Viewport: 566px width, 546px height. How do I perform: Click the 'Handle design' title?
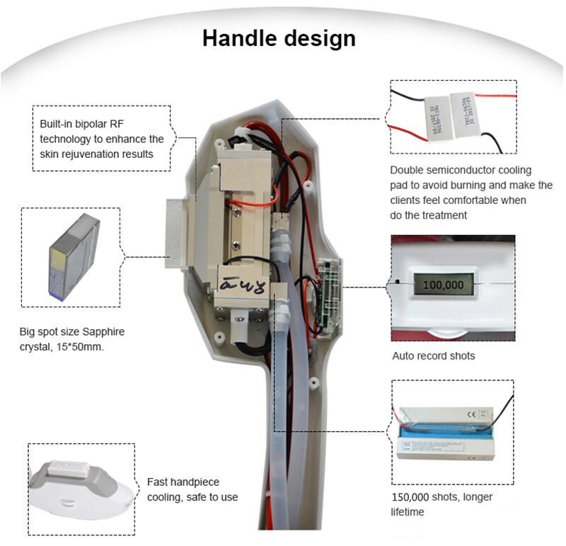pyautogui.click(x=279, y=38)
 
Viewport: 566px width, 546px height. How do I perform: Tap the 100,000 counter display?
pyautogui.click(x=442, y=285)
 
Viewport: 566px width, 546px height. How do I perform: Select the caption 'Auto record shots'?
pyautogui.click(x=434, y=356)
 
